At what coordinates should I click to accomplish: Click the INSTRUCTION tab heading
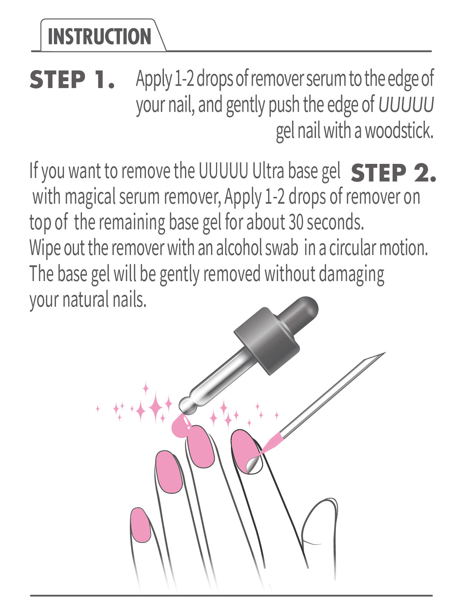tap(100, 37)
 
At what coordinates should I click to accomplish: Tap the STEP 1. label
tap(72, 80)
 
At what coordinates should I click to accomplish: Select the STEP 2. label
tap(393, 173)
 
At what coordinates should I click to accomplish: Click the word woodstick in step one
tap(398, 131)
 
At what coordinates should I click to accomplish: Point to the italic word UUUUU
tap(406, 105)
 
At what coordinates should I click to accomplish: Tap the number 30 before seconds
tap(296, 222)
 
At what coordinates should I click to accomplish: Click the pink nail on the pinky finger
tap(140, 524)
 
